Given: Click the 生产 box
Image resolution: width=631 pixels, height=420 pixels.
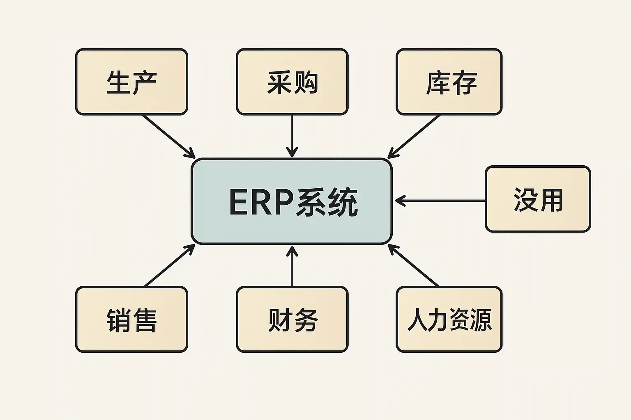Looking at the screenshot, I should tap(131, 82).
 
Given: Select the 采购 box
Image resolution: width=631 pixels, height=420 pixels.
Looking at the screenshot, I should tap(292, 82).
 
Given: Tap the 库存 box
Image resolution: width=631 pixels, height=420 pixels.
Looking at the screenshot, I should tap(449, 82).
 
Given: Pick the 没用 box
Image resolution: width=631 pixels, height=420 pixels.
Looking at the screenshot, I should tap(538, 199).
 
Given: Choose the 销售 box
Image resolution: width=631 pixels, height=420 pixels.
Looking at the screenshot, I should tap(131, 320).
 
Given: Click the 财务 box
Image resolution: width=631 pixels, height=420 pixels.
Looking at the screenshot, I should tap(292, 320).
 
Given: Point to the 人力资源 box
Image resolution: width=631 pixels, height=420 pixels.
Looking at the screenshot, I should tap(449, 320).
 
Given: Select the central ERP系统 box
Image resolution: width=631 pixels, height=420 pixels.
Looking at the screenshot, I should tap(292, 201).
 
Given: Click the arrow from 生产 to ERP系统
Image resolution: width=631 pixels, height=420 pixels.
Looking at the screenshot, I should tap(168, 136).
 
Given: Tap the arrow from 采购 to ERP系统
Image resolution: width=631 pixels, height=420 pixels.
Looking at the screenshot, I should tap(292, 135).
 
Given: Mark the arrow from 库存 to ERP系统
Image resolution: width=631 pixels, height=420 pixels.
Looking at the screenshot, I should tap(414, 136).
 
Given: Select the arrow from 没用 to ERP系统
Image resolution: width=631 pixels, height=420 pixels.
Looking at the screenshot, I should tap(440, 201).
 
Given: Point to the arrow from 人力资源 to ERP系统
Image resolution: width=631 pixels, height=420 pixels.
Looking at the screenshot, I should tap(413, 265).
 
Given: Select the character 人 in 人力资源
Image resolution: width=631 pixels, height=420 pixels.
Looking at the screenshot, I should tap(418, 320).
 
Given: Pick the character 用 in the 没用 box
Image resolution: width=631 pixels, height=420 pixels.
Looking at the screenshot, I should tap(551, 200).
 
